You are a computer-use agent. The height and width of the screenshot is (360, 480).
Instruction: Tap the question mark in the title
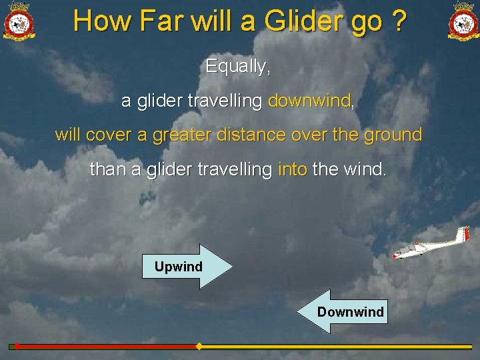[399, 21]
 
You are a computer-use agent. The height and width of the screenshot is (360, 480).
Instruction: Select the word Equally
[238, 67]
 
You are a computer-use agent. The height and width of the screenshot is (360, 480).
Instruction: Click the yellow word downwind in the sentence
[309, 101]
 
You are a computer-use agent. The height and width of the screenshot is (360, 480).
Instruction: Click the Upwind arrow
[188, 267]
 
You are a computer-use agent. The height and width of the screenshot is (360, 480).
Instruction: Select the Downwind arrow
[341, 311]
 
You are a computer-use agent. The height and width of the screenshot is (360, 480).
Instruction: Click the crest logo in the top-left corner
[19, 21]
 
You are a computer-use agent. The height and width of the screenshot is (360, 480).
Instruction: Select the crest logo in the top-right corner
[463, 21]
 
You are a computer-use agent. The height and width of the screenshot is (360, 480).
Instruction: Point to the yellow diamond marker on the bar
[198, 347]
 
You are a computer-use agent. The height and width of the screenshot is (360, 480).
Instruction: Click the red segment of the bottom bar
[107, 347]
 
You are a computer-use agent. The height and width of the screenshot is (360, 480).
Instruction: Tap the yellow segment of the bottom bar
[333, 347]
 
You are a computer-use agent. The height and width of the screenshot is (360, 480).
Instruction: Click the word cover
[108, 135]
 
